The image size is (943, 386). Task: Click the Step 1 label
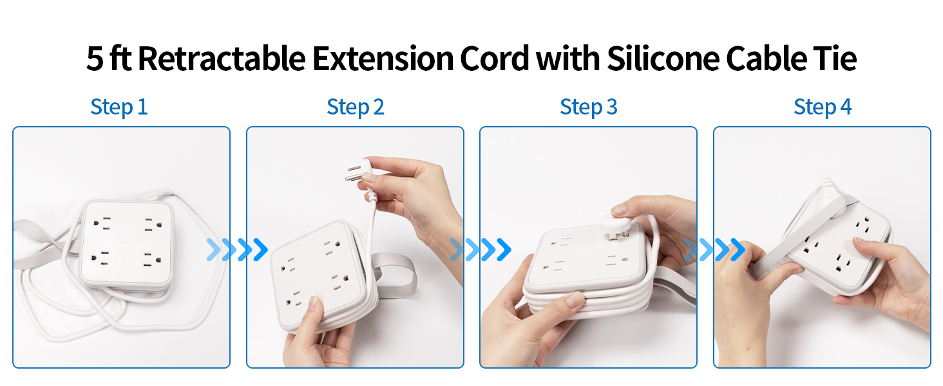pos(119,107)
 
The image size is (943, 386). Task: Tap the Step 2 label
pos(356,107)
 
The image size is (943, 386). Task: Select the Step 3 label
pos(589,107)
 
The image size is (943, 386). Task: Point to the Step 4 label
pos(823,107)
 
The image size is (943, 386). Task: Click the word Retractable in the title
pos(221,59)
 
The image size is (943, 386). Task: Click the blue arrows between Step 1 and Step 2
pos(237,249)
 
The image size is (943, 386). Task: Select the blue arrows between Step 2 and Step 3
pos(481,249)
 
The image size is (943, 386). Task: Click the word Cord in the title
pos(494,59)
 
